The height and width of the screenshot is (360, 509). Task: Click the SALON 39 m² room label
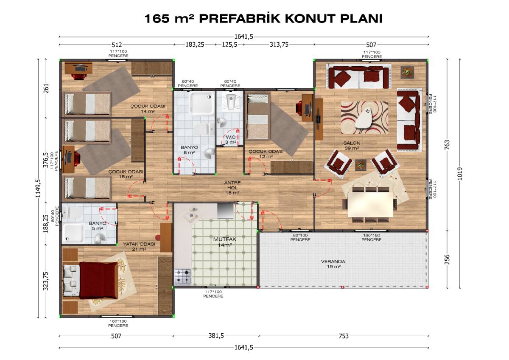[352, 146]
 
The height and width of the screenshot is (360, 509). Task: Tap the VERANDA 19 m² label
[333, 264]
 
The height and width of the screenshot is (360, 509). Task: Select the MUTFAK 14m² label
[225, 242]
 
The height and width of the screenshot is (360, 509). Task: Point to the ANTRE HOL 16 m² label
[232, 188]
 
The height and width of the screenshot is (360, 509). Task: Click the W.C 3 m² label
[231, 140]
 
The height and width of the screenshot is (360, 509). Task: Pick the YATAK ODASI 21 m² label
[139, 246]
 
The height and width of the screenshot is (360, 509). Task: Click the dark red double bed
[98, 281]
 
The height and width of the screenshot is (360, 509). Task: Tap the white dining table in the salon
[370, 205]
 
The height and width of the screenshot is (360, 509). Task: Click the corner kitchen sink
[190, 214]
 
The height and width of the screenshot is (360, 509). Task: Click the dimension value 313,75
[279, 45]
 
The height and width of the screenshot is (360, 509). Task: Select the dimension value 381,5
[216, 336]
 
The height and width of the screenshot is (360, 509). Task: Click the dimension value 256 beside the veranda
[447, 259]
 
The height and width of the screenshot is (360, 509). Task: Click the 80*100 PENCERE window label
[300, 237]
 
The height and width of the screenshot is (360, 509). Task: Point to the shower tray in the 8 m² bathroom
[202, 104]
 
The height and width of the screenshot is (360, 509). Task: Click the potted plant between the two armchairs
[361, 165]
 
